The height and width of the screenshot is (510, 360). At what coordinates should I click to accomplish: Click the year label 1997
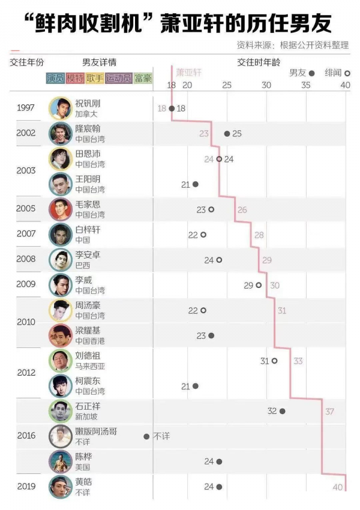point(26,108)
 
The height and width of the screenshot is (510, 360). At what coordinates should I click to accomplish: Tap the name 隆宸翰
point(88,129)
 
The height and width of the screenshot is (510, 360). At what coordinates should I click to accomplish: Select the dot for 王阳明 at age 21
point(195,184)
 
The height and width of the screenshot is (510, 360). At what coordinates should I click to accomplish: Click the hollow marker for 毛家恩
point(211,209)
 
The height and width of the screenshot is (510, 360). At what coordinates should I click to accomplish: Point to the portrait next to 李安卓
point(60,260)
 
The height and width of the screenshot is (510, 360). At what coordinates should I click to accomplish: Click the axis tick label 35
point(306,85)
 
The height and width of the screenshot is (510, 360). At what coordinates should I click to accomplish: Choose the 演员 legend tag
point(56,78)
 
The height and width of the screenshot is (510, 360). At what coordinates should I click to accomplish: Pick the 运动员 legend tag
point(118,78)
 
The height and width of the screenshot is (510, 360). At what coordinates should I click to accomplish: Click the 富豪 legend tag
point(143,78)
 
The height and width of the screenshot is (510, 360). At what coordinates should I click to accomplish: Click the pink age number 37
point(329,412)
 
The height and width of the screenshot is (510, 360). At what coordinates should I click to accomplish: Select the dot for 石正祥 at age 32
point(282,411)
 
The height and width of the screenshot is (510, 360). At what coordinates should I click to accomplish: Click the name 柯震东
point(88,381)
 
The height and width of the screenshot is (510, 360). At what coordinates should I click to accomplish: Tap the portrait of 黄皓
point(60,487)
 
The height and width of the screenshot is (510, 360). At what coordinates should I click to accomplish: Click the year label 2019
point(26,487)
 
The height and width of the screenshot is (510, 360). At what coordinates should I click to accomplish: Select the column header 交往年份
point(27,62)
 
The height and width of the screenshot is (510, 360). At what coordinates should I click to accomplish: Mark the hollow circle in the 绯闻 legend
point(347,73)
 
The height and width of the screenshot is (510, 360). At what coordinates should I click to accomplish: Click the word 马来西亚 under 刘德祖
point(90,365)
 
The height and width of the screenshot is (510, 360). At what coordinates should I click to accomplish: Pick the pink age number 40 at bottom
point(338,487)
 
